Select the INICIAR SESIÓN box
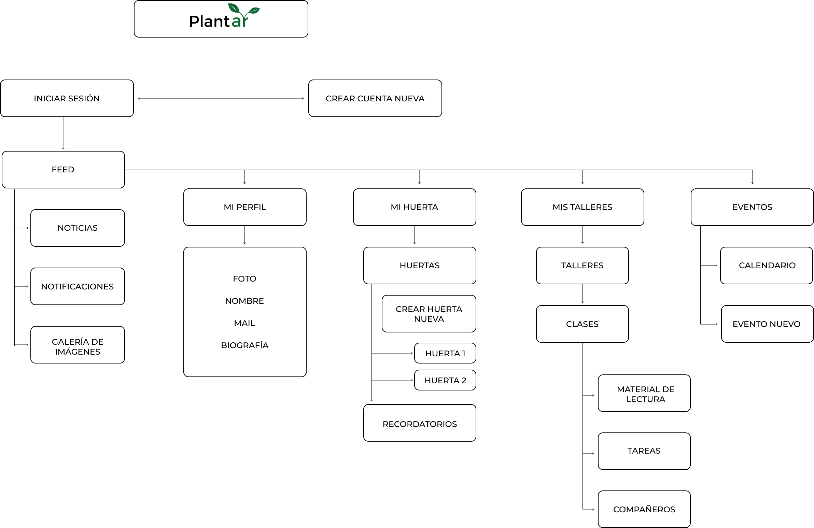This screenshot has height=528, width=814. pos(67,99)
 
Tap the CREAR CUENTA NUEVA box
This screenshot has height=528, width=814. pos(375,99)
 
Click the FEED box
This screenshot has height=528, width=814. pos(63,170)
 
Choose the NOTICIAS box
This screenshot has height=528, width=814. pos(78,228)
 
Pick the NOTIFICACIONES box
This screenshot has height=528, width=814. pos(78,287)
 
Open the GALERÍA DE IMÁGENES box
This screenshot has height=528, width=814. pos(78,345)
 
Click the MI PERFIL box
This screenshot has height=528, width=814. pos(245,207)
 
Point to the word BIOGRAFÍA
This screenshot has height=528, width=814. pos(245,345)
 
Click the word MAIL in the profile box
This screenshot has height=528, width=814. pos(244,323)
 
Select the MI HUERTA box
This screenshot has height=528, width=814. pos(415,207)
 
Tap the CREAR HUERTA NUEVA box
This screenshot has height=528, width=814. pos(429,314)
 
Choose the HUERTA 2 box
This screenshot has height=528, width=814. pos(445,380)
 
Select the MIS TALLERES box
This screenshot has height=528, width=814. pos(583,207)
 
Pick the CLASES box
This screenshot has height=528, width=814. pos(583,324)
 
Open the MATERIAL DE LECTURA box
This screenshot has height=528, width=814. pos(644,394)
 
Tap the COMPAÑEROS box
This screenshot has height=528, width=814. pos(644,510)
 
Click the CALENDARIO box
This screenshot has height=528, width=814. pos(767,266)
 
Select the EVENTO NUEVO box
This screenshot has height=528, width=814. pos(767,324)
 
